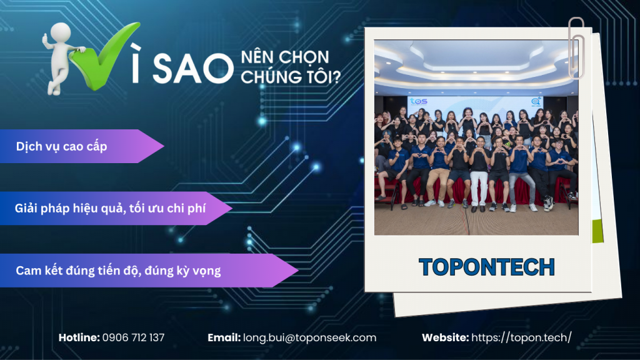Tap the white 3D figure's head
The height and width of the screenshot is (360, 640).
tap(60, 33)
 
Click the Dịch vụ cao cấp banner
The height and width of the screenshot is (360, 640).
tap(62, 146)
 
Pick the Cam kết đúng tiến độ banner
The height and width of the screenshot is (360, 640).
tap(118, 271)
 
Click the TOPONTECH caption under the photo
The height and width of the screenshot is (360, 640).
tap(487, 267)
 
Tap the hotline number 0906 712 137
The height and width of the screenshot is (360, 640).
tap(133, 337)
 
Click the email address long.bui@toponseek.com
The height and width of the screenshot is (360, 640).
tap(309, 337)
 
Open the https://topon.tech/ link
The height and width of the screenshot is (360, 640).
tap(521, 337)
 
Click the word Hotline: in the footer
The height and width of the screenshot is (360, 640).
tap(79, 337)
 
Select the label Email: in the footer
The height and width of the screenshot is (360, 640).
tap(224, 337)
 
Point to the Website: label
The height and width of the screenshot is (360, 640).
tap(445, 337)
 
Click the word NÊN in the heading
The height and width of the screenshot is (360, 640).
tap(256, 58)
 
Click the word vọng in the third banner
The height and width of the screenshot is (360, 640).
tap(206, 271)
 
